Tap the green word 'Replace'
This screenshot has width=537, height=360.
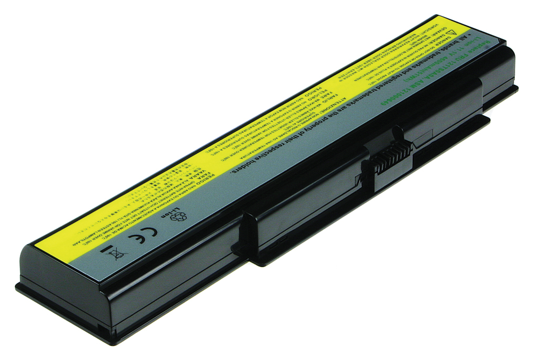[x=487, y=44]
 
